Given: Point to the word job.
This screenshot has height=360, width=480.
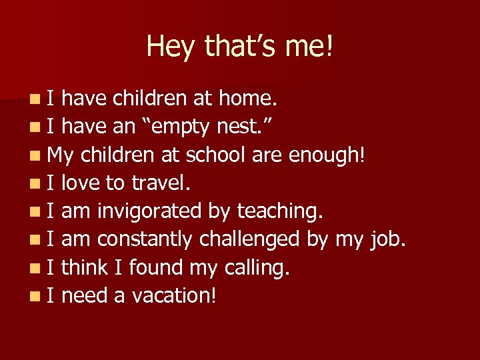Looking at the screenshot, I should click(387, 239).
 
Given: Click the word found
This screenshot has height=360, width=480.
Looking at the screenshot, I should click(156, 267).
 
